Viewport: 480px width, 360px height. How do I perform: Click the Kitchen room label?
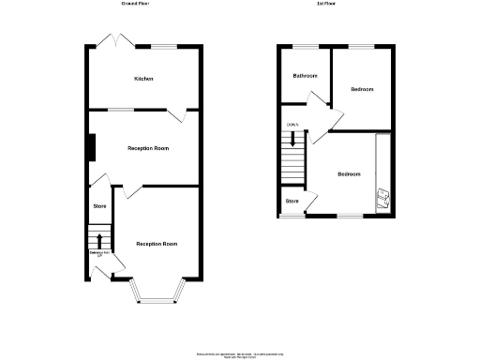tap(143, 79)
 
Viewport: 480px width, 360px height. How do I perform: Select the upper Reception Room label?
tap(148, 148)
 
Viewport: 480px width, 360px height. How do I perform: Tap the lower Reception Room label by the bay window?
tap(157, 244)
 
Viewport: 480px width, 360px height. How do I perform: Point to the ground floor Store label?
tap(99, 206)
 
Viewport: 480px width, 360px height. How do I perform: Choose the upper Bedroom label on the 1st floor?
tap(362, 89)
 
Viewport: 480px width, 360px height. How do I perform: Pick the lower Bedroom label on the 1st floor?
tap(349, 174)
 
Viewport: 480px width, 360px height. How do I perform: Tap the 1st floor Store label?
tap(292, 201)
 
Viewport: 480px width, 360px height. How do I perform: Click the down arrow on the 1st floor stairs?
tap(294, 141)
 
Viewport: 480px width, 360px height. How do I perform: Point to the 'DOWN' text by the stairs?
tap(292, 126)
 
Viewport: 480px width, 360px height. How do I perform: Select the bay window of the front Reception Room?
tap(157, 294)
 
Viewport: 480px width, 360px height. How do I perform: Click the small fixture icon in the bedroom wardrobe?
tap(382, 197)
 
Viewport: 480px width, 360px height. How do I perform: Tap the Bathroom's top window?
tap(306, 46)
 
